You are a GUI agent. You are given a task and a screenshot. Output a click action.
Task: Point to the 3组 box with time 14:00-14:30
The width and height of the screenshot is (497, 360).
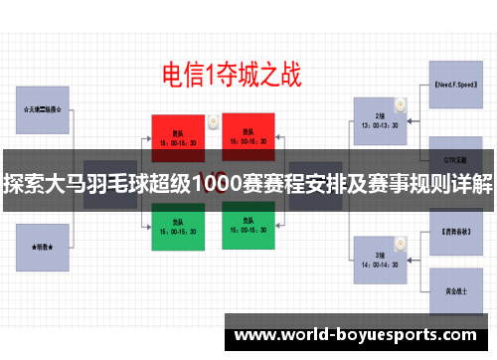click(380, 234)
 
